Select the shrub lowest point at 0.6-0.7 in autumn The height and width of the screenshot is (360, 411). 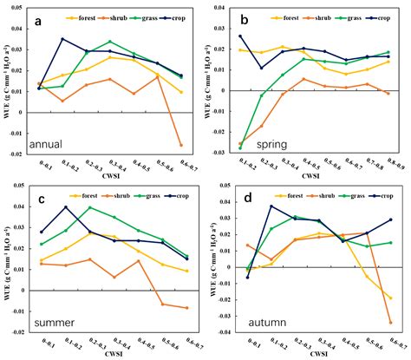[390, 323]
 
